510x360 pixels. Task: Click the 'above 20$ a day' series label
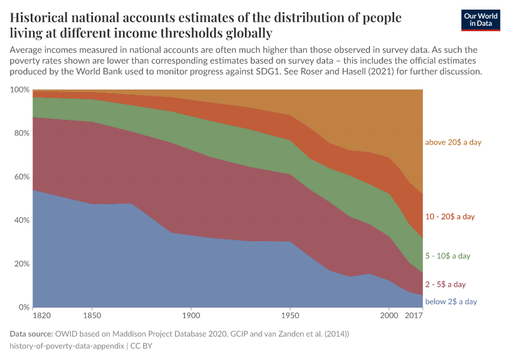(x=453, y=142)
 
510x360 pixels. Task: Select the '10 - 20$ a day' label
(x=449, y=216)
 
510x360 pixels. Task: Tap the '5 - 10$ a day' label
(x=448, y=256)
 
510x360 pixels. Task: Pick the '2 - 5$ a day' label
(x=445, y=284)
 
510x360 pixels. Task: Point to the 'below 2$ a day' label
(x=451, y=301)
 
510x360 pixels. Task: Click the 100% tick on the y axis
(x=20, y=89)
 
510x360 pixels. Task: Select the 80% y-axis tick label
(x=22, y=133)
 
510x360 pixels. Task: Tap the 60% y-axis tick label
(x=22, y=177)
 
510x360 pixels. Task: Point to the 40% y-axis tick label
(x=22, y=220)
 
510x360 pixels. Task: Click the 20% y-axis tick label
(x=22, y=264)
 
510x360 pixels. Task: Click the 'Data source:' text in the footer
(x=31, y=333)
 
